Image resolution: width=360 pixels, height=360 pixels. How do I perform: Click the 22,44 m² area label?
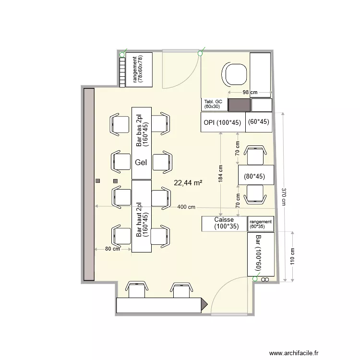(x=188, y=183)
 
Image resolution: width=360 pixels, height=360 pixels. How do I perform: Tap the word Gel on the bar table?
(x=141, y=162)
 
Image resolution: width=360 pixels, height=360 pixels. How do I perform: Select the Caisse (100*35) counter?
(x=224, y=224)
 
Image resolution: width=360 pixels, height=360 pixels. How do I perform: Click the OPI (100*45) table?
(x=223, y=122)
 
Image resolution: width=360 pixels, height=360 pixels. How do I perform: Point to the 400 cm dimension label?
(x=186, y=207)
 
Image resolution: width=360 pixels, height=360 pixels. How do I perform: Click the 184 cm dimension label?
(x=220, y=174)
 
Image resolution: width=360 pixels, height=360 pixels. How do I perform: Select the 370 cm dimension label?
(x=284, y=197)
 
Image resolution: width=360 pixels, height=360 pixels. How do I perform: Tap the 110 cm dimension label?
(x=292, y=256)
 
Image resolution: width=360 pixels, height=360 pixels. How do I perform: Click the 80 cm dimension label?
(x=112, y=249)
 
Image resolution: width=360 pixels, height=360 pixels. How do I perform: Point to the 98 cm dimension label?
(x=250, y=92)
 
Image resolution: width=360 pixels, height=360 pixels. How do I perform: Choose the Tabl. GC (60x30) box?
(x=215, y=105)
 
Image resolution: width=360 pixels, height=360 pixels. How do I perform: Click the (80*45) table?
(x=256, y=175)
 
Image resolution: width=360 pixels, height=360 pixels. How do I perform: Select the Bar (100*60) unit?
(x=261, y=254)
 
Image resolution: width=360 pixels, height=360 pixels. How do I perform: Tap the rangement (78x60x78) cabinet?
(x=139, y=70)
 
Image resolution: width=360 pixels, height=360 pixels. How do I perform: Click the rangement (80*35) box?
(x=261, y=224)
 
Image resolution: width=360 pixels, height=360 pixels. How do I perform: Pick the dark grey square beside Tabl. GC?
(x=239, y=105)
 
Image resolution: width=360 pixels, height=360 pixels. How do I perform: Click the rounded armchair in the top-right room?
(x=234, y=74)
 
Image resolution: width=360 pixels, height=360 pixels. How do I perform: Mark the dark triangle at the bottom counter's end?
(x=204, y=305)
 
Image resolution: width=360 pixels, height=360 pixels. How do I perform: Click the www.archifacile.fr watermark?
(x=294, y=353)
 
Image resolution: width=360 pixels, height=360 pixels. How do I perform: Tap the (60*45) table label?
(x=259, y=121)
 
